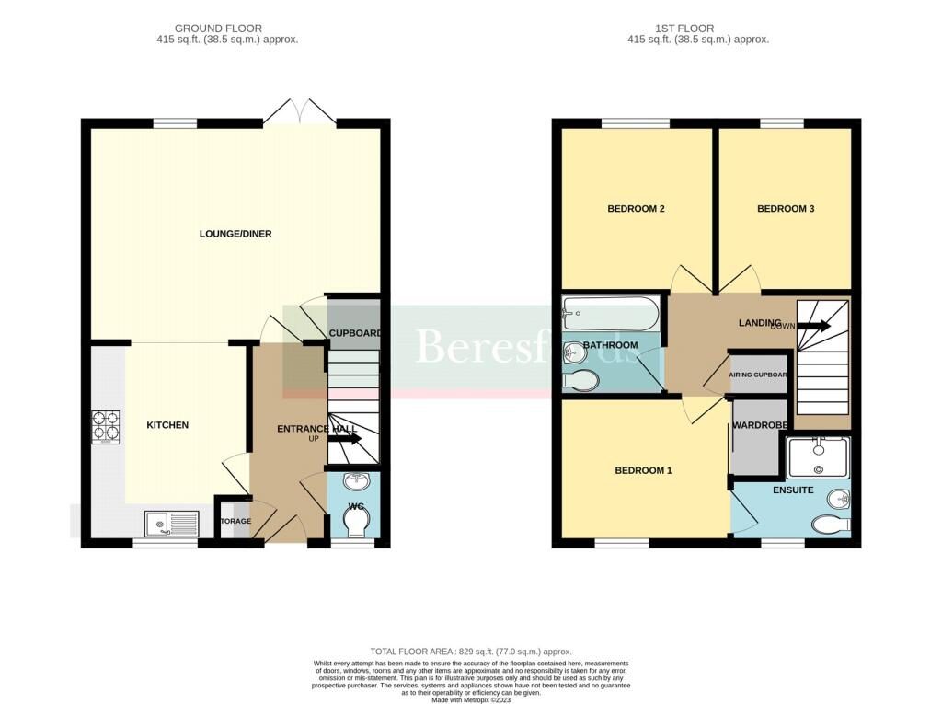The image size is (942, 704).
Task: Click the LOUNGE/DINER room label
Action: coord(235,234)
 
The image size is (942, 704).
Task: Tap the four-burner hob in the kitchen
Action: coord(105,426)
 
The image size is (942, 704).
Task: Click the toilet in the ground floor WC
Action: coord(354,522)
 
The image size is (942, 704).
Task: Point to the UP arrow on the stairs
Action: coord(344,440)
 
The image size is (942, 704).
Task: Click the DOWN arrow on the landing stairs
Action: coord(813,326)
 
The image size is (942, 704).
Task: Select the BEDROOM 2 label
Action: coord(636,209)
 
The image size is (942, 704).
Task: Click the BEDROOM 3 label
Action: coord(786,209)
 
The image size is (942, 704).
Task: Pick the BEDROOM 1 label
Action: coord(643,470)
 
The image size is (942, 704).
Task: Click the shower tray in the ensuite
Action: coord(818,457)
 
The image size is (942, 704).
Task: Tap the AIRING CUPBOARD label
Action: coord(758,375)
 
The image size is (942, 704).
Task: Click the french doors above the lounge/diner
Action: coord(299,112)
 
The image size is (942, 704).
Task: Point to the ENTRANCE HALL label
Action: coord(317,430)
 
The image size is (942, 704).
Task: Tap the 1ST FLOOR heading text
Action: coord(698,29)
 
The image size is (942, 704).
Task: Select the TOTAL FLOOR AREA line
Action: coord(471,651)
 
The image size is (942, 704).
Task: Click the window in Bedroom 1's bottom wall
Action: coord(621,543)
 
